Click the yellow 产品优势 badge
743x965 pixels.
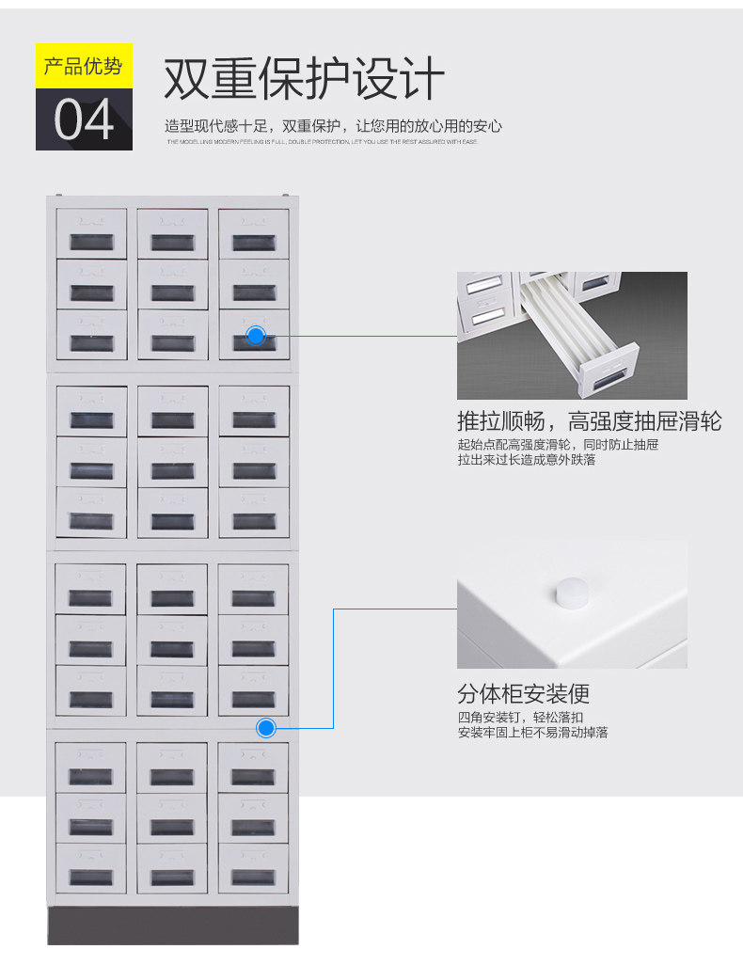[x=84, y=66]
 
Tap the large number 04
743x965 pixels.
[x=84, y=119]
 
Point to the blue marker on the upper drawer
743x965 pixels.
[x=256, y=335]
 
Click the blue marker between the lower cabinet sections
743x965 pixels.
[x=266, y=727]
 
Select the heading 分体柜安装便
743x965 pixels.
[x=523, y=695]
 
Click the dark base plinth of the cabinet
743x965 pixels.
[x=173, y=925]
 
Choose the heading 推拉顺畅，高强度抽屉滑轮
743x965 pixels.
[x=589, y=420]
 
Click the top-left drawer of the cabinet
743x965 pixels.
[x=91, y=233]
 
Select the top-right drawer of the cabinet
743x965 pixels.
[x=254, y=233]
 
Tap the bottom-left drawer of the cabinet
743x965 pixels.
[x=90, y=867]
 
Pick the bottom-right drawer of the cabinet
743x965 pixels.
[x=253, y=867]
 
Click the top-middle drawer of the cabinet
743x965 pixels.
[x=173, y=233]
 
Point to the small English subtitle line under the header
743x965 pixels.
[x=323, y=142]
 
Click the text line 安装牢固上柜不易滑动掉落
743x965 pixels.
[x=532, y=732]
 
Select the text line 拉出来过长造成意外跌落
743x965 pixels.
[x=526, y=460]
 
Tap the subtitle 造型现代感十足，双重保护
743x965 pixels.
[x=333, y=126]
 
